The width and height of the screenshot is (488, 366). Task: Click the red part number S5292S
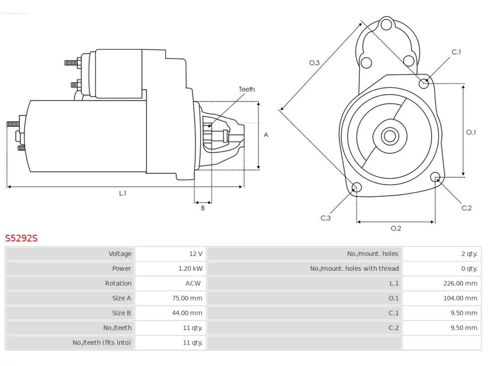pos(21,238)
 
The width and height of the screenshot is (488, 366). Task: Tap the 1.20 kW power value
pos(190,268)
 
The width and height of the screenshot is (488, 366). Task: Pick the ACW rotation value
pos(193,283)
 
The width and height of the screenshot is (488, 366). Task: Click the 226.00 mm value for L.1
pos(460,283)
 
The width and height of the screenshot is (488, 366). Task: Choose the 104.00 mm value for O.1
pos(460,298)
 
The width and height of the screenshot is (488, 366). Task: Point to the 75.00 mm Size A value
pos(187,298)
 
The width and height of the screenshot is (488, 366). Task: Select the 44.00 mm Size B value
pos(187,313)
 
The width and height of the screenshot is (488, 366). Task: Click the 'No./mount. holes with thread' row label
pos(354,268)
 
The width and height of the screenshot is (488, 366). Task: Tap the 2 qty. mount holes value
pos(469,254)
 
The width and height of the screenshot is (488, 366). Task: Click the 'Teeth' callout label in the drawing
pos(247,89)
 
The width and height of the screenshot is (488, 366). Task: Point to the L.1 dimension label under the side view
pos(122,193)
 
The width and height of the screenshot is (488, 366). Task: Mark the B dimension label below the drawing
pos(203,208)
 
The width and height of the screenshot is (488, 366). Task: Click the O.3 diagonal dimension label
pos(314,63)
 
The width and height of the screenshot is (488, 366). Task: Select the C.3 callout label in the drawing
pos(326,218)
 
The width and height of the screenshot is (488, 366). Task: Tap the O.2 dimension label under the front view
pos(396,228)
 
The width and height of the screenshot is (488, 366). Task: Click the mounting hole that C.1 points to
pos(424,83)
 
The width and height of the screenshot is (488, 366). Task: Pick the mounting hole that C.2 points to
pos(435,177)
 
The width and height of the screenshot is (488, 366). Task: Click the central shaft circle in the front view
pos(390,136)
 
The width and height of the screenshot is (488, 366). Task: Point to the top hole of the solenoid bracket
pos(387,24)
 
